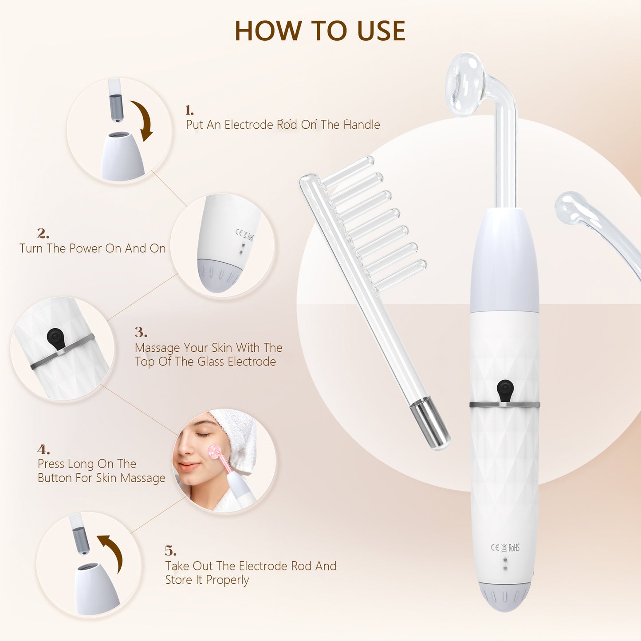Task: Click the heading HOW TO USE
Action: [320, 31]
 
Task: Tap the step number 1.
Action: [189, 110]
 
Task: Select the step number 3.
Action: [141, 332]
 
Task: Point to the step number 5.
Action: [170, 551]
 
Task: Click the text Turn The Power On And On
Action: [92, 248]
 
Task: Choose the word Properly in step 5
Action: [227, 580]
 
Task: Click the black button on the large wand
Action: [505, 389]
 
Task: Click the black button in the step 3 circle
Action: [55, 338]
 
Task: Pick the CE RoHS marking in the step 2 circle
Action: [244, 235]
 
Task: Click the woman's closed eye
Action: [203, 434]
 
